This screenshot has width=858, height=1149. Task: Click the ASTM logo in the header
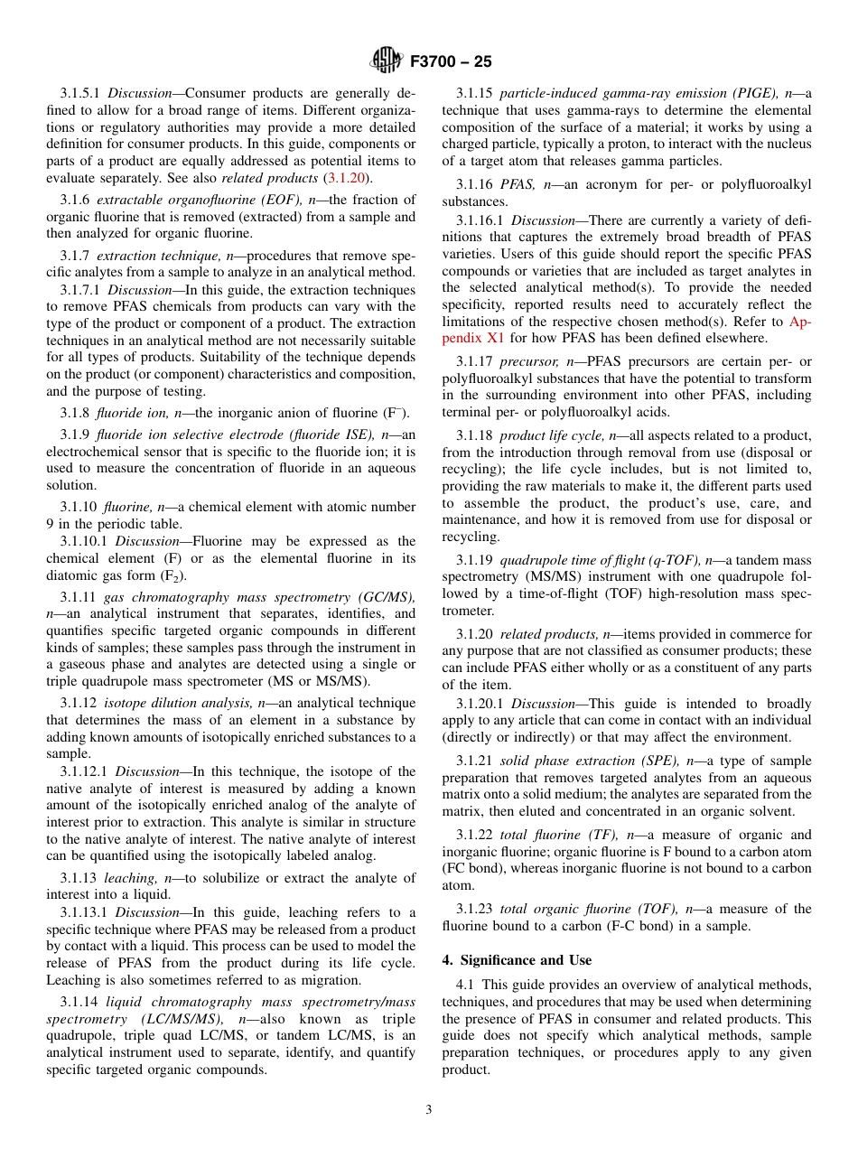387,61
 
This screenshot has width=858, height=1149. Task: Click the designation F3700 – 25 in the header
451,62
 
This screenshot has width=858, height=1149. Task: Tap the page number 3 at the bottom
429,1110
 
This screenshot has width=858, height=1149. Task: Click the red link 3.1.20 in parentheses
347,178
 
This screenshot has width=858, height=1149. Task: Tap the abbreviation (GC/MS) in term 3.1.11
386,597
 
